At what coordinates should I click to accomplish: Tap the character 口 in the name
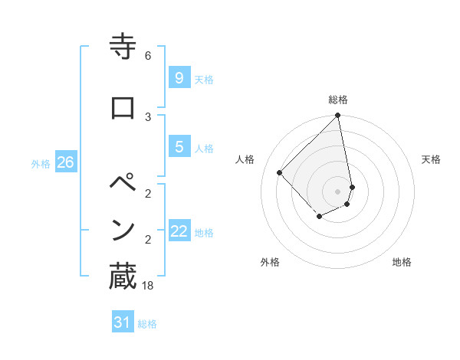pyautogui.click(x=123, y=106)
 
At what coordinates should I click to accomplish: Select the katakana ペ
pyautogui.click(x=123, y=185)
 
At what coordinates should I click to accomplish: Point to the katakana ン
pyautogui.click(x=123, y=230)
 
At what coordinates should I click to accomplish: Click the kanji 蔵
pyautogui.click(x=123, y=277)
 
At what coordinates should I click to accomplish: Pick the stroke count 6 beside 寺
pyautogui.click(x=148, y=56)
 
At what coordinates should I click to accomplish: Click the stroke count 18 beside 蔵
pyautogui.click(x=148, y=286)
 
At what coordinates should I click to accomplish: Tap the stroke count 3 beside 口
pyautogui.click(x=148, y=116)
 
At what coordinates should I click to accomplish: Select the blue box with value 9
pyautogui.click(x=179, y=77)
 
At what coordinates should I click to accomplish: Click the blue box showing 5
pyautogui.click(x=179, y=147)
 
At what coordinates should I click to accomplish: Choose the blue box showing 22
pyautogui.click(x=179, y=231)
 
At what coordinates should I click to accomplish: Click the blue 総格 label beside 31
pyautogui.click(x=147, y=324)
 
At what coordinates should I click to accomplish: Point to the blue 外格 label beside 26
pyautogui.click(x=41, y=164)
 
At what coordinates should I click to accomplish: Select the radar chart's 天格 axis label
pyautogui.click(x=432, y=159)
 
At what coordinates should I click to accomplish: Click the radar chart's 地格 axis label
pyautogui.click(x=402, y=262)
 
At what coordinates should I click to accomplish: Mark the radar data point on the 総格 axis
pyautogui.click(x=338, y=116)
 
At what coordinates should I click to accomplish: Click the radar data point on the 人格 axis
pyautogui.click(x=280, y=173)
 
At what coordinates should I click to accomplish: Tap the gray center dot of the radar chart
pyautogui.click(x=338, y=191)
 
